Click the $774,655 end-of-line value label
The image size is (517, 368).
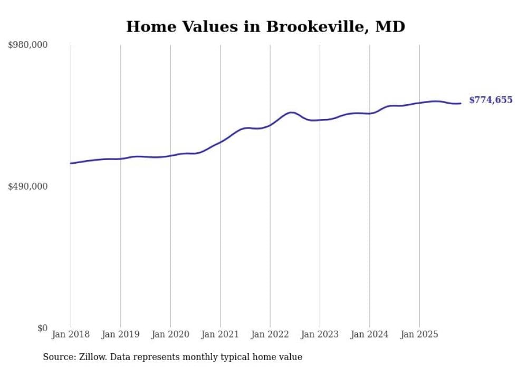(x=490, y=100)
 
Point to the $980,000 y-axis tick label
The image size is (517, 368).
(x=28, y=45)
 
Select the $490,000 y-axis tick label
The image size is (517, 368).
(x=28, y=186)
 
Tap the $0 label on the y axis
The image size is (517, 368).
(x=42, y=328)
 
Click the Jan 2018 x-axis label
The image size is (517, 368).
(x=71, y=334)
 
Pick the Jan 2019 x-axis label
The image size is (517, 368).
(x=121, y=334)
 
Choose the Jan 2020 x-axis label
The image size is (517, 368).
(x=170, y=334)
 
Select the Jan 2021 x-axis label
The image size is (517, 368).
(x=220, y=334)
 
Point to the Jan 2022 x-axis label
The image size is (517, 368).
(x=270, y=334)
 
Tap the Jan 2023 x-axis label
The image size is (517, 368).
(x=320, y=334)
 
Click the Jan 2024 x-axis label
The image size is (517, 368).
(x=370, y=334)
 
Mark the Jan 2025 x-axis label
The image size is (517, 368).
(x=419, y=334)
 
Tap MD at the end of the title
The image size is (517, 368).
(x=390, y=26)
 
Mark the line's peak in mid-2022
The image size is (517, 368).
(x=291, y=112)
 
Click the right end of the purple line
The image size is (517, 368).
(x=461, y=103)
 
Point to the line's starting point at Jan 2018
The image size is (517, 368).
(x=71, y=163)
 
